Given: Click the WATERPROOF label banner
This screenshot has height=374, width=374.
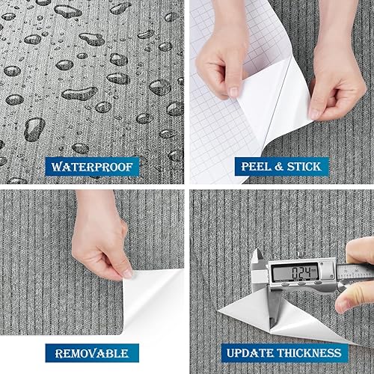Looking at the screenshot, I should tap(92, 165).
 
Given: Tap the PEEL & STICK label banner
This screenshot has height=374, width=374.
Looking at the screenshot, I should tap(280, 165).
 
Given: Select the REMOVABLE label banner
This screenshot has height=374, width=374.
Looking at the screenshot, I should tap(92, 352).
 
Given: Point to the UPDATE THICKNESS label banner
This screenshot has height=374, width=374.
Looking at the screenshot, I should tap(281, 352).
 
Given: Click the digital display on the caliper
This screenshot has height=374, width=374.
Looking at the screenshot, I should tap(292, 272).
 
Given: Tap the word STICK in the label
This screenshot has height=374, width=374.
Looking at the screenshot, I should tap(301, 165).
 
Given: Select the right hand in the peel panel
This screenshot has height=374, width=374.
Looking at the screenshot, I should tap(340, 82).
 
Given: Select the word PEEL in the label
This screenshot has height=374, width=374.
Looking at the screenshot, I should tap(256, 165).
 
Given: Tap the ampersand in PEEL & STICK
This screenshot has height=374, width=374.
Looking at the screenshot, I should tap(278, 165).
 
